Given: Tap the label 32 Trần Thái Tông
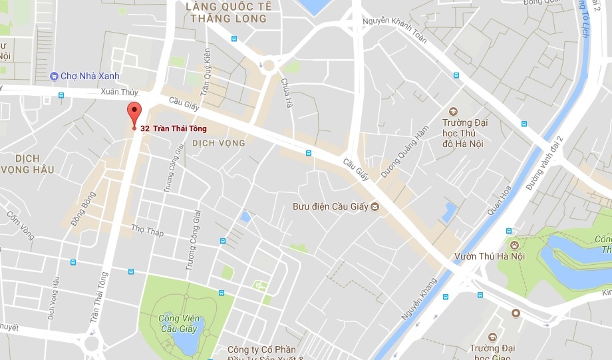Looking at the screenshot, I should coord(174,128).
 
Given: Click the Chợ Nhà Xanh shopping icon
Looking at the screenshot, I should coord(55,76).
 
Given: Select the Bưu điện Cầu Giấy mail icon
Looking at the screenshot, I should coord(375,206).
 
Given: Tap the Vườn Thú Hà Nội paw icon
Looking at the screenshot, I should coord(514,245).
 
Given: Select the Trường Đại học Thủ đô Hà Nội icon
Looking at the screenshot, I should coord(454,111).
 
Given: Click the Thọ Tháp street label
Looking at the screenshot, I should coord(147,231).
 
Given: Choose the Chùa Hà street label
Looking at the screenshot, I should coord(287,93).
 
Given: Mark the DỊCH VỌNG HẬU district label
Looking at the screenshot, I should coord(27,164).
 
